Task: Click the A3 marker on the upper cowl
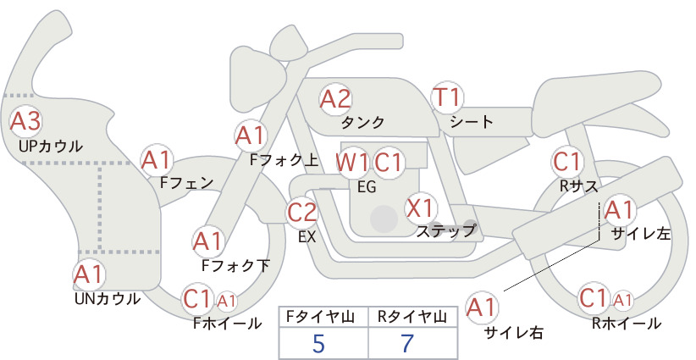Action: pos(25,122)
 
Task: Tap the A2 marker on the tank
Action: pos(335,99)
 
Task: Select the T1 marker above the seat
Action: pos(447,97)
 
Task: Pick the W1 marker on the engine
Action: pos(352,163)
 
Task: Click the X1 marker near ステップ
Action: pos(421,208)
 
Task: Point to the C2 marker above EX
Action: pos(301,212)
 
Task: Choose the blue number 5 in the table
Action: pos(318,343)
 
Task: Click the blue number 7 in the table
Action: pos(407,343)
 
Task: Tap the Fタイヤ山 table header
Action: pos(320,317)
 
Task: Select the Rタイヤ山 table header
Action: pos(412,317)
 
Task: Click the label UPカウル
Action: pos(51,146)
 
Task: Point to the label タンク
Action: pos(362,123)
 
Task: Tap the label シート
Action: pos(472,122)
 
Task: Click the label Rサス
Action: pos(578,186)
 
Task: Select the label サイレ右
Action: pos(514,333)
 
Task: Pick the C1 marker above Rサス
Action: pos(567,162)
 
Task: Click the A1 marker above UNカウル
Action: pos(89,274)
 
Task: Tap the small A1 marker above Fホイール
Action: pos(226,302)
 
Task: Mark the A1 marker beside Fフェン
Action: pos(157,161)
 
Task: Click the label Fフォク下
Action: pos(235,265)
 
